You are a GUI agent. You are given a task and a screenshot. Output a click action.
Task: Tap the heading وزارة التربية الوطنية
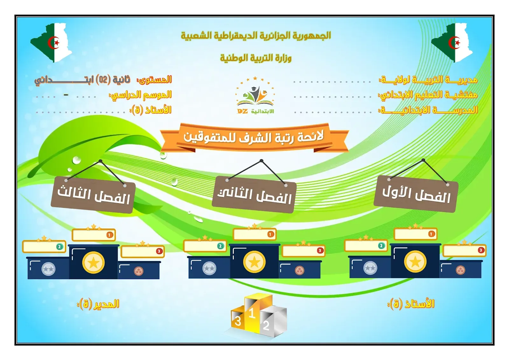click(256, 58)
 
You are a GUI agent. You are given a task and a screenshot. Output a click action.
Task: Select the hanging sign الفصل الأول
click(416, 194)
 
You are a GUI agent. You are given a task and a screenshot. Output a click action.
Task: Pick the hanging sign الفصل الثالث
click(94, 195)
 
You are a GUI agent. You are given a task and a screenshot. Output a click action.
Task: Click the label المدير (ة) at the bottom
click(98, 304)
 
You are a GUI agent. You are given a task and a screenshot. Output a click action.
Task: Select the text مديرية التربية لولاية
click(428, 80)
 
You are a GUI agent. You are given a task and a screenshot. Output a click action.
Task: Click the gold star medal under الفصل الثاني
click(254, 262)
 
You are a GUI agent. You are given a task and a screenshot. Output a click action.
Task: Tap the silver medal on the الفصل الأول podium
click(370, 268)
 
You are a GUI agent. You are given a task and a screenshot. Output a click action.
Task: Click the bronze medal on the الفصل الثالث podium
click(138, 271)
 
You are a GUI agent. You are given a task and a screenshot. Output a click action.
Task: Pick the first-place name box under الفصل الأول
click(415, 234)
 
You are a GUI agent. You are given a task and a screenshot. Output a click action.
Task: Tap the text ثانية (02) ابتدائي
click(82, 80)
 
